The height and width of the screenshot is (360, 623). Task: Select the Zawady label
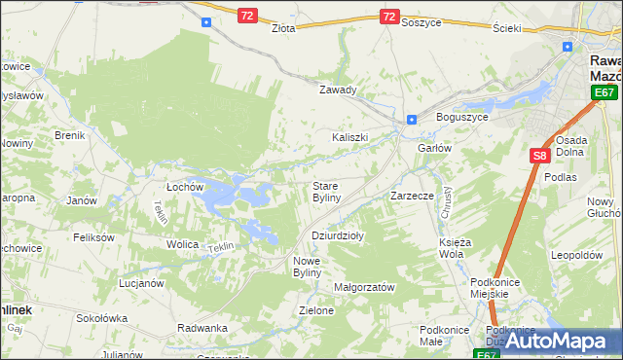(x=339, y=90)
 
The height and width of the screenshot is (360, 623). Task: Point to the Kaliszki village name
(x=350, y=137)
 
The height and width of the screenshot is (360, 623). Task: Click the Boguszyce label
(x=462, y=117)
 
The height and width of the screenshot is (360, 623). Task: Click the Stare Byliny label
(x=325, y=191)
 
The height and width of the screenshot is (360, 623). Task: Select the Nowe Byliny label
(x=313, y=267)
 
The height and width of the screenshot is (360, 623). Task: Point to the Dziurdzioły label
(x=337, y=235)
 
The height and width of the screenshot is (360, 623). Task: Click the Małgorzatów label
(x=364, y=287)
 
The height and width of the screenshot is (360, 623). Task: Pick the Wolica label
(x=182, y=244)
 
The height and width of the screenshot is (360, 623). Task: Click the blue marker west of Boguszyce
(x=412, y=120)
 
